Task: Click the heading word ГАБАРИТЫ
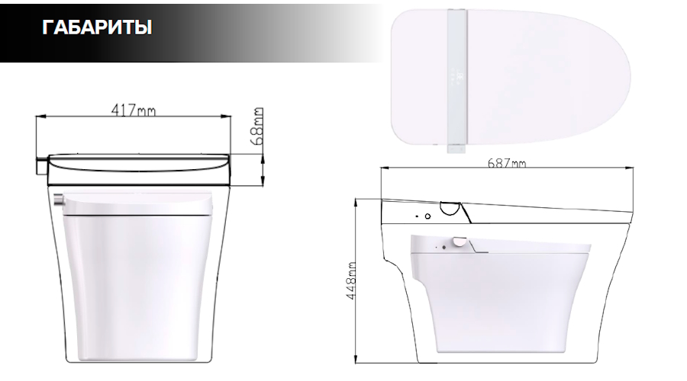point(97,27)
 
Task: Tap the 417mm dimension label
point(133,110)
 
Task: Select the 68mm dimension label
point(257,126)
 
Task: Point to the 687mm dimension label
point(507,163)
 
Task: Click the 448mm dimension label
point(351,281)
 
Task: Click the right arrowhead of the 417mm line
point(226,117)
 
